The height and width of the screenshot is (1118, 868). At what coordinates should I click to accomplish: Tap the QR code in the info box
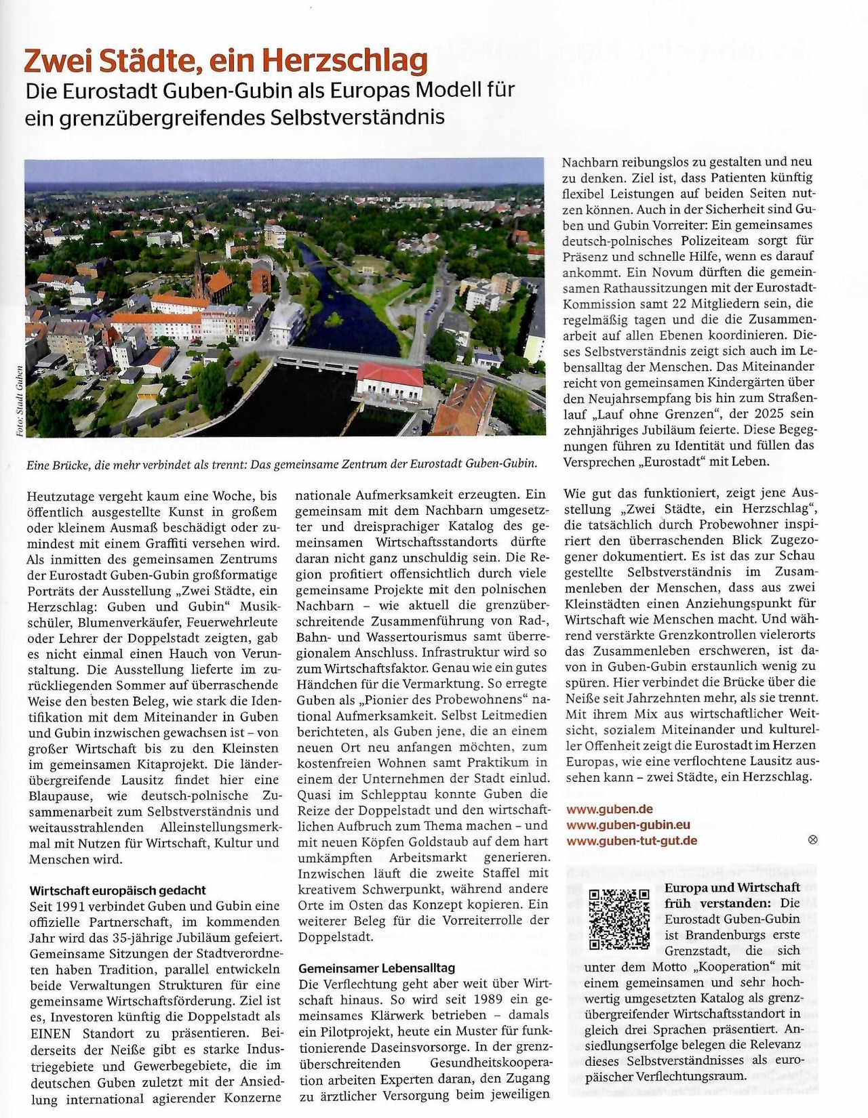pos(618,919)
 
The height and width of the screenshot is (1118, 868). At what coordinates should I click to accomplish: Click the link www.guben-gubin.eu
pos(628,825)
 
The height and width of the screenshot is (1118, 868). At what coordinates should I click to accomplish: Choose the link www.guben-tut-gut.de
pos(631,841)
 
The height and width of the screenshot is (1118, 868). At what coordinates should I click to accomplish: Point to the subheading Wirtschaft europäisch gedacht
pos(117,890)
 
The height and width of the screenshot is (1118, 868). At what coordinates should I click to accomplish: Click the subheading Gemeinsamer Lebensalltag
pos(376,968)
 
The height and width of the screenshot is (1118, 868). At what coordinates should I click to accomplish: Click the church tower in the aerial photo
pos(198,274)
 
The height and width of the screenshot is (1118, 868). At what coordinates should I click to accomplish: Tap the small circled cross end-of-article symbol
pos(813,840)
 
